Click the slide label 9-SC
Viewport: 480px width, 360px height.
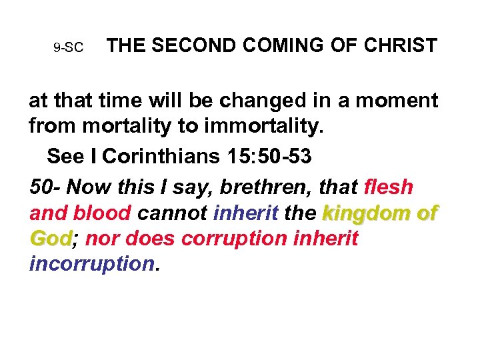[x=68, y=48]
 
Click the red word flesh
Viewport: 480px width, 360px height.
[x=390, y=187]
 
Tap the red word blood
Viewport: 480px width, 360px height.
[x=100, y=213]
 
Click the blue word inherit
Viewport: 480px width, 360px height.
[x=245, y=213]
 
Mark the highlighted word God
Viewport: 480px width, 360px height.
[x=51, y=239]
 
